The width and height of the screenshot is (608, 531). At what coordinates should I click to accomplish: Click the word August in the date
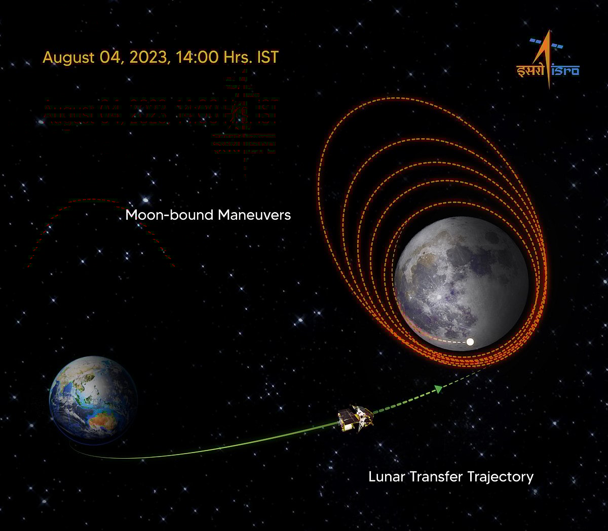point(68,57)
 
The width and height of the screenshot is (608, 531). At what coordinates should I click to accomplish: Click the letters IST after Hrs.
point(268,57)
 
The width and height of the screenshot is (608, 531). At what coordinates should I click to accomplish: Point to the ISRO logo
point(547,61)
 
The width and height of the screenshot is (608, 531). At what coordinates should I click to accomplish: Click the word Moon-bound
point(169,215)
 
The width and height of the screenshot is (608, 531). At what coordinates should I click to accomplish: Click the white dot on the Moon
point(470,342)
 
